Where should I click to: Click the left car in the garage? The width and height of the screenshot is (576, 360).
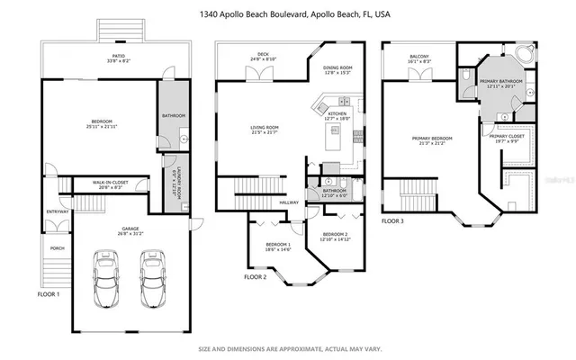(106, 282)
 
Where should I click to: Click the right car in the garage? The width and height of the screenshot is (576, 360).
(150, 282)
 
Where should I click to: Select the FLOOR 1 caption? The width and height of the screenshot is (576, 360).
(48, 294)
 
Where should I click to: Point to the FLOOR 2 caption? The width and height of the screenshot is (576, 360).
(256, 277)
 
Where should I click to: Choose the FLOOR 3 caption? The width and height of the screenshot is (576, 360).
(393, 245)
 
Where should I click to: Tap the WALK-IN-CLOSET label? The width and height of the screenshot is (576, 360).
(110, 183)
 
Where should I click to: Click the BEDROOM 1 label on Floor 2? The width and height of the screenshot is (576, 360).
(277, 245)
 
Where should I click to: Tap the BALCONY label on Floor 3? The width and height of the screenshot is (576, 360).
(419, 56)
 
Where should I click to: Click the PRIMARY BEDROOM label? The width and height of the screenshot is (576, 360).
(432, 139)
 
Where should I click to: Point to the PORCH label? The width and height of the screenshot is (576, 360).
(57, 249)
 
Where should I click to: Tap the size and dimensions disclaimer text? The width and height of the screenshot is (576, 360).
(288, 348)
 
